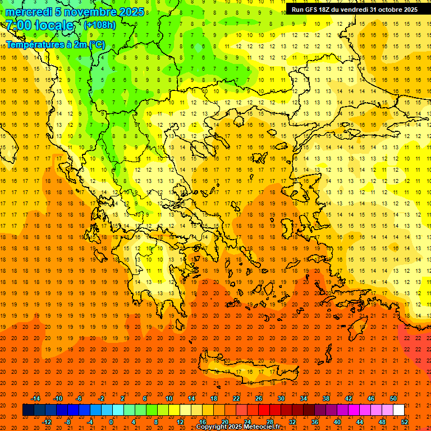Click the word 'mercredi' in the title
tap(29, 12)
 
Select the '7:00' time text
tap(19, 25)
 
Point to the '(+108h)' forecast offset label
tap(100, 25)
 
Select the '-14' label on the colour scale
tap(36, 398)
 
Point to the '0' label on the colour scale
tap(111, 421)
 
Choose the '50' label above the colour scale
tap(393, 398)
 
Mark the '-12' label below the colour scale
tap(47, 421)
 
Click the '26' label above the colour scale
tap(259, 398)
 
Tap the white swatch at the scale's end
tap(398, 410)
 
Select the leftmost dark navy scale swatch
tap(28, 410)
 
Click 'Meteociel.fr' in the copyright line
tap(262, 427)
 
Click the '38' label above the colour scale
tap(326, 398)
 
